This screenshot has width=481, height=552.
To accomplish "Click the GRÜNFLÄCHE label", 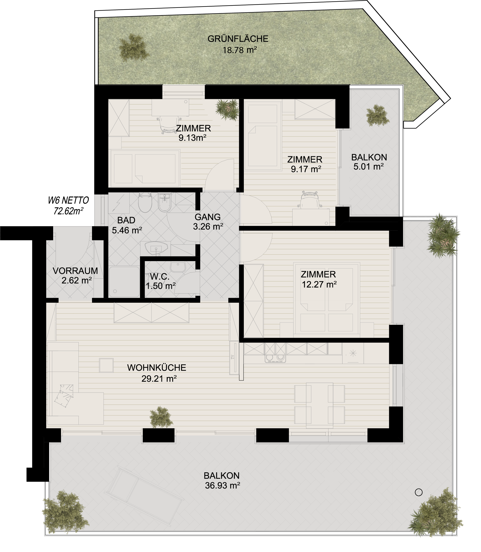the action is [x=238, y=39].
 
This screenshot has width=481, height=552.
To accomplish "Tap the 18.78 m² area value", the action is [x=240, y=50].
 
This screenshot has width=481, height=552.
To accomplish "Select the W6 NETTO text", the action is [x=68, y=200].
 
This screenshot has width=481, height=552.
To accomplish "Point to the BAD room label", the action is [x=126, y=220].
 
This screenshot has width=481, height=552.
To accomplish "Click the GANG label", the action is [x=207, y=217].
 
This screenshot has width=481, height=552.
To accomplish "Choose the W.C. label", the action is [x=160, y=276].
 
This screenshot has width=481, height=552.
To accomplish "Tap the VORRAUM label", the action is [x=76, y=271].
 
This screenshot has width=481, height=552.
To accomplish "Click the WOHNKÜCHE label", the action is [x=157, y=368].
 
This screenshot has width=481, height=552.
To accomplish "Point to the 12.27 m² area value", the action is [x=319, y=284].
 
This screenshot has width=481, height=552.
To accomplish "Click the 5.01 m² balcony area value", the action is [x=368, y=167].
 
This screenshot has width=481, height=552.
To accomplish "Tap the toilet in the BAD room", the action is [x=145, y=203].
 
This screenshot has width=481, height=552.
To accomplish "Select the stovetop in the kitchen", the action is [x=275, y=358].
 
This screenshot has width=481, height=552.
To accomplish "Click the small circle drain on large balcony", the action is [x=419, y=492].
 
